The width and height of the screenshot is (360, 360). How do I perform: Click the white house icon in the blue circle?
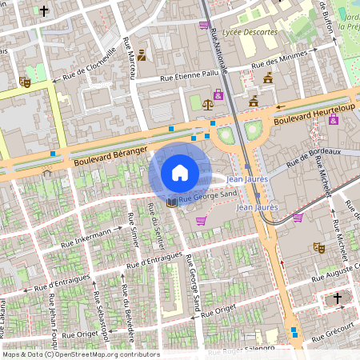[x=179, y=173]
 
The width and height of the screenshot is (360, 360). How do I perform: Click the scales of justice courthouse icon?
[x=209, y=103]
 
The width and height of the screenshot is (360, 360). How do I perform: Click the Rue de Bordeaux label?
[x=314, y=152]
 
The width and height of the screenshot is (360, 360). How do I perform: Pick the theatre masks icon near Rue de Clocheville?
[x=25, y=82]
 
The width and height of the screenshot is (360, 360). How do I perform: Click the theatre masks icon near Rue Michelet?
[x=318, y=248]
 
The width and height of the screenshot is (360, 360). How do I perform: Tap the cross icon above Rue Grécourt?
[x=338, y=298]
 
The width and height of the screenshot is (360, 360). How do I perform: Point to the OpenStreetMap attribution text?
[x=81, y=354]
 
